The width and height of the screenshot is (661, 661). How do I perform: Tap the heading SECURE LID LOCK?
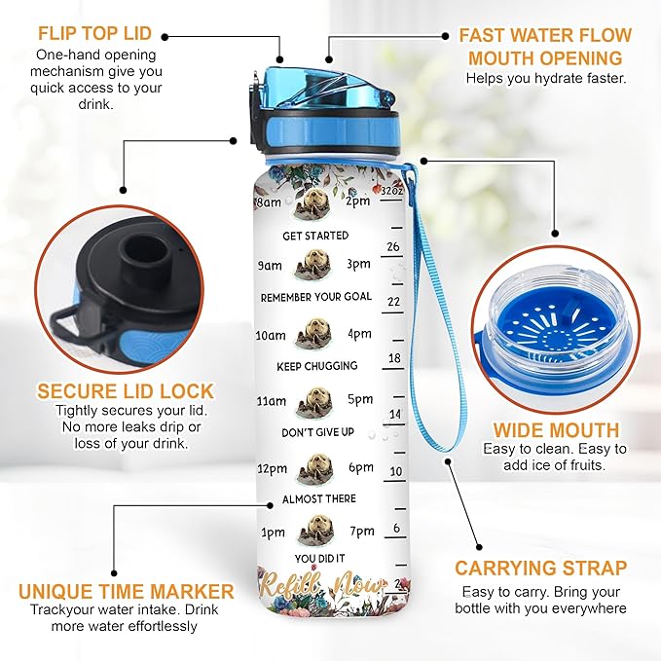[126, 392]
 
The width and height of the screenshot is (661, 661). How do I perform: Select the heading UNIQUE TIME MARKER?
[127, 591]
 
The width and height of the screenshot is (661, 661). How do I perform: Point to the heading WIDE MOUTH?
[555, 429]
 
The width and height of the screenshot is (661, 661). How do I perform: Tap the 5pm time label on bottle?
[359, 399]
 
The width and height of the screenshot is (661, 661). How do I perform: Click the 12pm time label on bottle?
[275, 468]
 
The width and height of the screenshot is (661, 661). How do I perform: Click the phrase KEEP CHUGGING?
[318, 366]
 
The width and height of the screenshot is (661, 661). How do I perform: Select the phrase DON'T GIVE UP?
[318, 432]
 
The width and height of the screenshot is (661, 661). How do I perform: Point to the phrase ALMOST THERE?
[318, 498]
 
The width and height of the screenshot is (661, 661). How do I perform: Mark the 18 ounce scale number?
[394, 358]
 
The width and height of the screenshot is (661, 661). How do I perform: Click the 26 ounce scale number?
[393, 247]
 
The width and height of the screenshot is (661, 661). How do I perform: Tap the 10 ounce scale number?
[395, 471]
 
